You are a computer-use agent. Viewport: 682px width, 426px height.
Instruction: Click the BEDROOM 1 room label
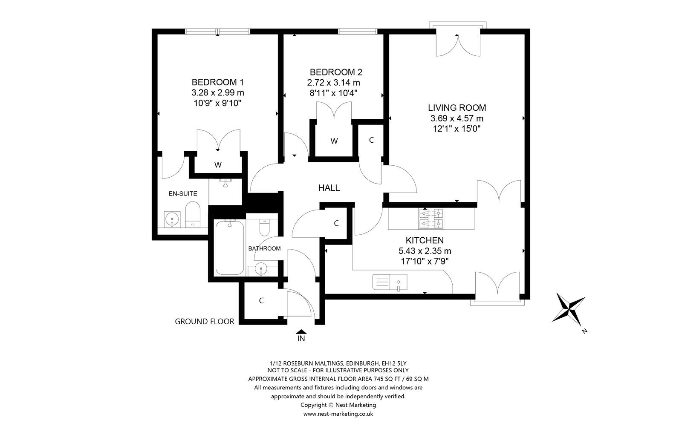click(x=217, y=82)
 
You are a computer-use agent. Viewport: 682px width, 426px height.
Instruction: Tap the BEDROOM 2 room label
click(x=336, y=72)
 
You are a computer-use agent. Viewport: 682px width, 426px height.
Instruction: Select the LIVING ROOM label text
click(x=457, y=108)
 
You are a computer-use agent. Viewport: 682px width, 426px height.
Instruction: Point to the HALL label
click(x=329, y=188)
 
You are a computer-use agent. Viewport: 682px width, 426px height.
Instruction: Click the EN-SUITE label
click(x=183, y=193)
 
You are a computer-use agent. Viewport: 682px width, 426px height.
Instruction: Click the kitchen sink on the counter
click(x=390, y=282)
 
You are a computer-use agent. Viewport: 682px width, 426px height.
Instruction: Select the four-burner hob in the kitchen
click(x=431, y=218)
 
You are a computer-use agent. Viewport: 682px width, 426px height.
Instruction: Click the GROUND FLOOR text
click(x=204, y=322)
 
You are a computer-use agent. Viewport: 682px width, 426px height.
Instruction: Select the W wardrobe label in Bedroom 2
click(x=334, y=141)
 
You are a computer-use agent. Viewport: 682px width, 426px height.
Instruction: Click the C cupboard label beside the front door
click(x=261, y=301)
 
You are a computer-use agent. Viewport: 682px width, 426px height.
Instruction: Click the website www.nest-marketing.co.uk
click(x=338, y=414)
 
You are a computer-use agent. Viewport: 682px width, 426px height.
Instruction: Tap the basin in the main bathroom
click(x=260, y=269)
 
